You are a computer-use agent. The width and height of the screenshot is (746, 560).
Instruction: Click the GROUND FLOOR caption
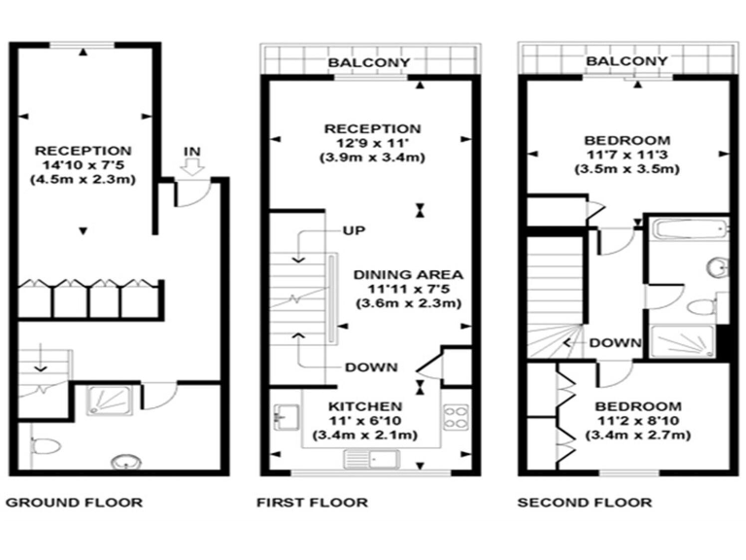(75, 503)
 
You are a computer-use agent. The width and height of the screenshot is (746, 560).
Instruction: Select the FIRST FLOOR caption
(312, 503)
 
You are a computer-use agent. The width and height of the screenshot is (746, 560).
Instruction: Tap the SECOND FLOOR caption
(584, 503)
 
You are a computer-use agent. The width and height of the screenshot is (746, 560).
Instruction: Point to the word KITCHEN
(364, 405)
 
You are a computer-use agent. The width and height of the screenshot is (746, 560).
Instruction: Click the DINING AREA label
(407, 274)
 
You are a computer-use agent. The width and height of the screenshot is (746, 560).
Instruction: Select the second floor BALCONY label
(627, 61)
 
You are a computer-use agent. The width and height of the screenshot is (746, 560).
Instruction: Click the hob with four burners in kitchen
(457, 417)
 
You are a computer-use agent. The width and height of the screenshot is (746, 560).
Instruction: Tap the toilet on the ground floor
(45, 445)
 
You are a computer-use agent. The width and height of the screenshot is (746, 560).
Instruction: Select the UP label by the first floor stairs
(353, 230)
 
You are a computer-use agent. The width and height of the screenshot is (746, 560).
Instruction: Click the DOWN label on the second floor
(615, 343)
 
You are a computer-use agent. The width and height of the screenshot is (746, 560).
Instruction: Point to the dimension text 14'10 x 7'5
(83, 165)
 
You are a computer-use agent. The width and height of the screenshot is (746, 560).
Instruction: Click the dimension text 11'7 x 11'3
(627, 154)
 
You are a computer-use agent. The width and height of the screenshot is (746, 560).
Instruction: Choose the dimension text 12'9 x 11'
(372, 144)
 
